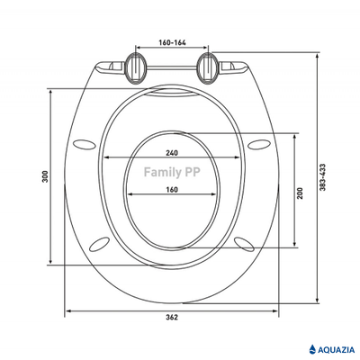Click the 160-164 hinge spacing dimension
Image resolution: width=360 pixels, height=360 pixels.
(x=172, y=42)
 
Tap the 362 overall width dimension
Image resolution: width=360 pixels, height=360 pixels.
(x=172, y=317)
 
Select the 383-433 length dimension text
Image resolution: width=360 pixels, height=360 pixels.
(x=322, y=177)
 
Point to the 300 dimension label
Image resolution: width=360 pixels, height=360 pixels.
(x=45, y=177)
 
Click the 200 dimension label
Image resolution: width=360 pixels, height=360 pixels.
(x=301, y=193)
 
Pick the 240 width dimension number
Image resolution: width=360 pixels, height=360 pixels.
(x=172, y=153)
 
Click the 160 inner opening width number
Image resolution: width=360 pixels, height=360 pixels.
(x=172, y=190)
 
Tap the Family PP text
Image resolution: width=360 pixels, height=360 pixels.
(x=172, y=172)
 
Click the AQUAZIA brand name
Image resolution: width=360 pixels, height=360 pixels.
(x=336, y=349)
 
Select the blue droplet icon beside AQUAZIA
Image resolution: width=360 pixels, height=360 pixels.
(x=312, y=349)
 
